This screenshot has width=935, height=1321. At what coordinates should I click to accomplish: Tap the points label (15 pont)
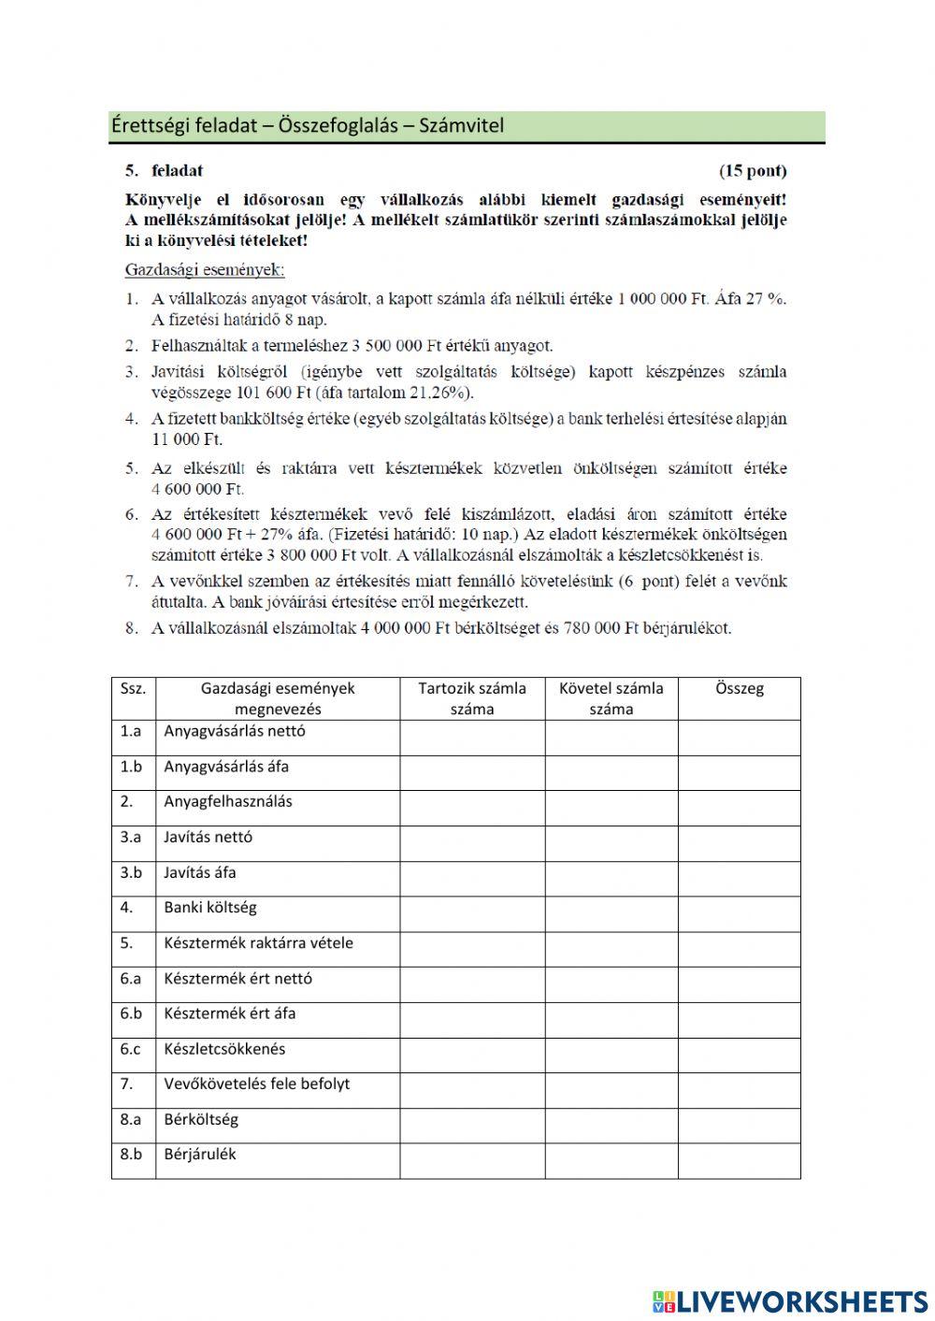(x=752, y=171)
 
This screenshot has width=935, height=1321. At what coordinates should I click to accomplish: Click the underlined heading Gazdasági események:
(x=205, y=270)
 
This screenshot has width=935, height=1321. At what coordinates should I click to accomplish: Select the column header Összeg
(x=739, y=689)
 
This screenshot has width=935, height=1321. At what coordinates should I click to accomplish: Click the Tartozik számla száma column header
(x=472, y=698)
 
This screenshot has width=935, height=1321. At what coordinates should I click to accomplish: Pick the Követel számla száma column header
(x=611, y=698)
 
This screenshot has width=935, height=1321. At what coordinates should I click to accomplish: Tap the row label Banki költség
(x=210, y=908)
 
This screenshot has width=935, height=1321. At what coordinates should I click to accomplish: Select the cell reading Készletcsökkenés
(x=224, y=1049)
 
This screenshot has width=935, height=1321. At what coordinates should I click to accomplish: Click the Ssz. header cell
(x=133, y=689)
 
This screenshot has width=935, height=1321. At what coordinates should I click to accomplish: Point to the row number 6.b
(x=131, y=1013)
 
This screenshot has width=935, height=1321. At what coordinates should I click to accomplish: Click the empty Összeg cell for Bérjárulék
(x=739, y=1160)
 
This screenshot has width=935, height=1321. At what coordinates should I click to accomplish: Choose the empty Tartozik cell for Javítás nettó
(x=472, y=843)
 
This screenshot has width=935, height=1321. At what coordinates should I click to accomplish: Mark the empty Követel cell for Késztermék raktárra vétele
(x=611, y=949)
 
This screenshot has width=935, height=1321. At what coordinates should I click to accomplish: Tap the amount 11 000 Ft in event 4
(x=187, y=439)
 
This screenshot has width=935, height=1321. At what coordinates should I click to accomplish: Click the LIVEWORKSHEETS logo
(x=790, y=1300)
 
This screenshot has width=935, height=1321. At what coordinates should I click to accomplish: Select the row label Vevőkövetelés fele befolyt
(x=257, y=1084)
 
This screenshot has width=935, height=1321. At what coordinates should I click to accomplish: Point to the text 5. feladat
(x=165, y=171)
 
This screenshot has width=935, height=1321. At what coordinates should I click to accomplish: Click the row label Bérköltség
(x=201, y=1119)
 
